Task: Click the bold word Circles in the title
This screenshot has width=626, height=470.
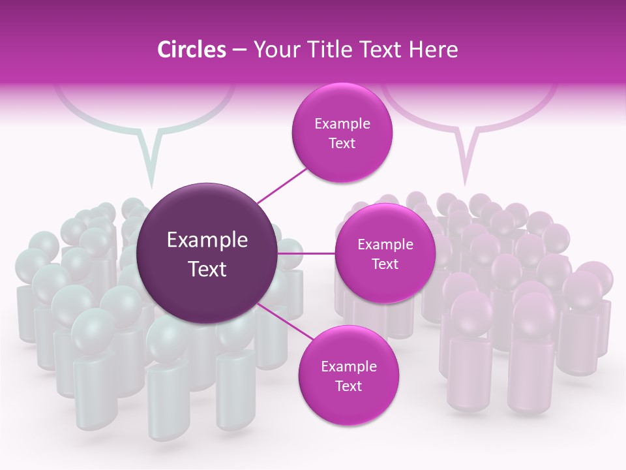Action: coord(192,50)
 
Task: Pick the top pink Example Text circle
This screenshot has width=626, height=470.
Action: coord(342,133)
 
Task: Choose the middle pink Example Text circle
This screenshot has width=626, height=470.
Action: coord(385,253)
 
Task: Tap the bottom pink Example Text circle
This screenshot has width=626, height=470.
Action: coord(348,376)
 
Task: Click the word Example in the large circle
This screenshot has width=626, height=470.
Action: coord(207,240)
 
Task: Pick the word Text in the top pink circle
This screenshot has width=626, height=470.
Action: coord(342,144)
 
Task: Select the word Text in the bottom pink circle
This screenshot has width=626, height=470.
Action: coord(348,386)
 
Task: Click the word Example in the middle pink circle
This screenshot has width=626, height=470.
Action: coord(385,245)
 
